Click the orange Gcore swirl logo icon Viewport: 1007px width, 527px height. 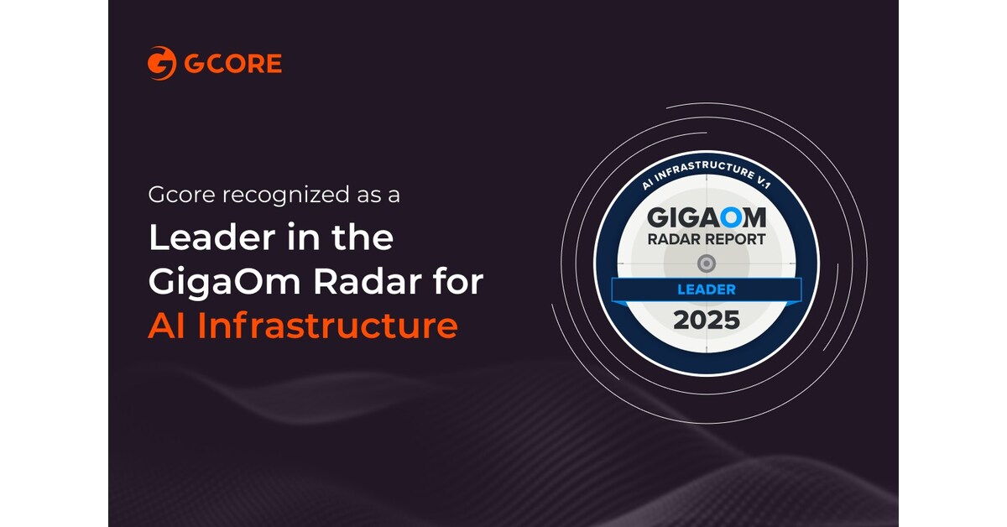pos(161,64)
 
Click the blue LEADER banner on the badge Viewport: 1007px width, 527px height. pos(705,290)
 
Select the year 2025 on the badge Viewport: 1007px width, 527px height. pos(705,320)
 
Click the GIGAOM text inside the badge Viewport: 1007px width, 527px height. pos(706,218)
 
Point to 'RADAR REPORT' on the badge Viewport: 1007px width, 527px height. pos(706,239)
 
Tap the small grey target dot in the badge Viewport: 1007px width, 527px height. pos(706,263)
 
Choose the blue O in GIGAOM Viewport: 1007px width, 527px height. pos(731,218)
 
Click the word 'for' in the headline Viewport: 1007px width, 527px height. pos(462,283)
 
